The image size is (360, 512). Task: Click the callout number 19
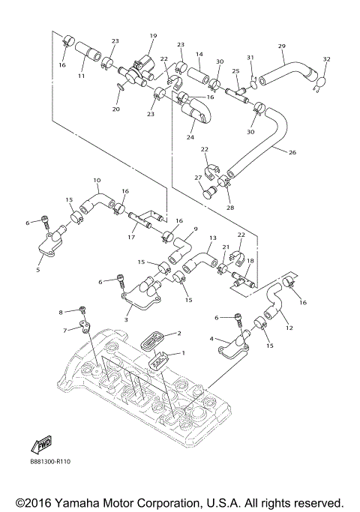(x=153, y=36)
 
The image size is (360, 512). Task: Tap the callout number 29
(x=282, y=46)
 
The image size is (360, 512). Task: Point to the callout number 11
(x=82, y=77)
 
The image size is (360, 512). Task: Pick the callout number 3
(x=126, y=320)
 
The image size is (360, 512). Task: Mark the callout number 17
(x=131, y=238)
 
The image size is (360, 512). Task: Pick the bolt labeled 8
(x=83, y=309)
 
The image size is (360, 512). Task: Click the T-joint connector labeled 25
(x=242, y=93)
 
